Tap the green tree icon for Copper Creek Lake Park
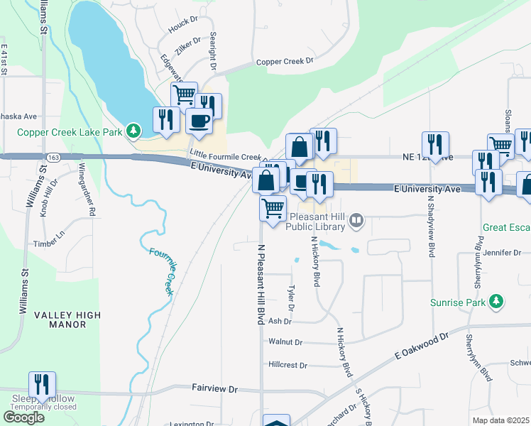pos(132,131)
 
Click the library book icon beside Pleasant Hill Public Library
pos(356,222)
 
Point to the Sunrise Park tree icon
pos(498,302)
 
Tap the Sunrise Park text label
pos(459,302)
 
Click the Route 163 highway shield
pos(54,156)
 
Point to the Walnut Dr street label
pos(285,342)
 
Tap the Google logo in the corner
pos(24,417)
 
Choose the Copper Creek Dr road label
pos(284,61)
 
